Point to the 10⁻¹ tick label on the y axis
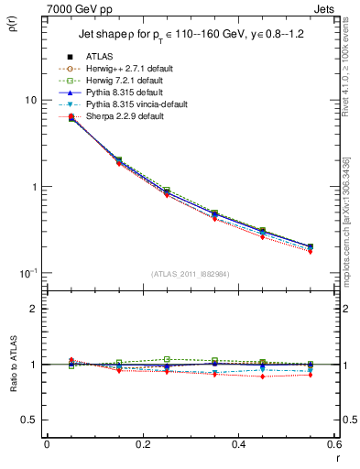click(27, 273)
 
